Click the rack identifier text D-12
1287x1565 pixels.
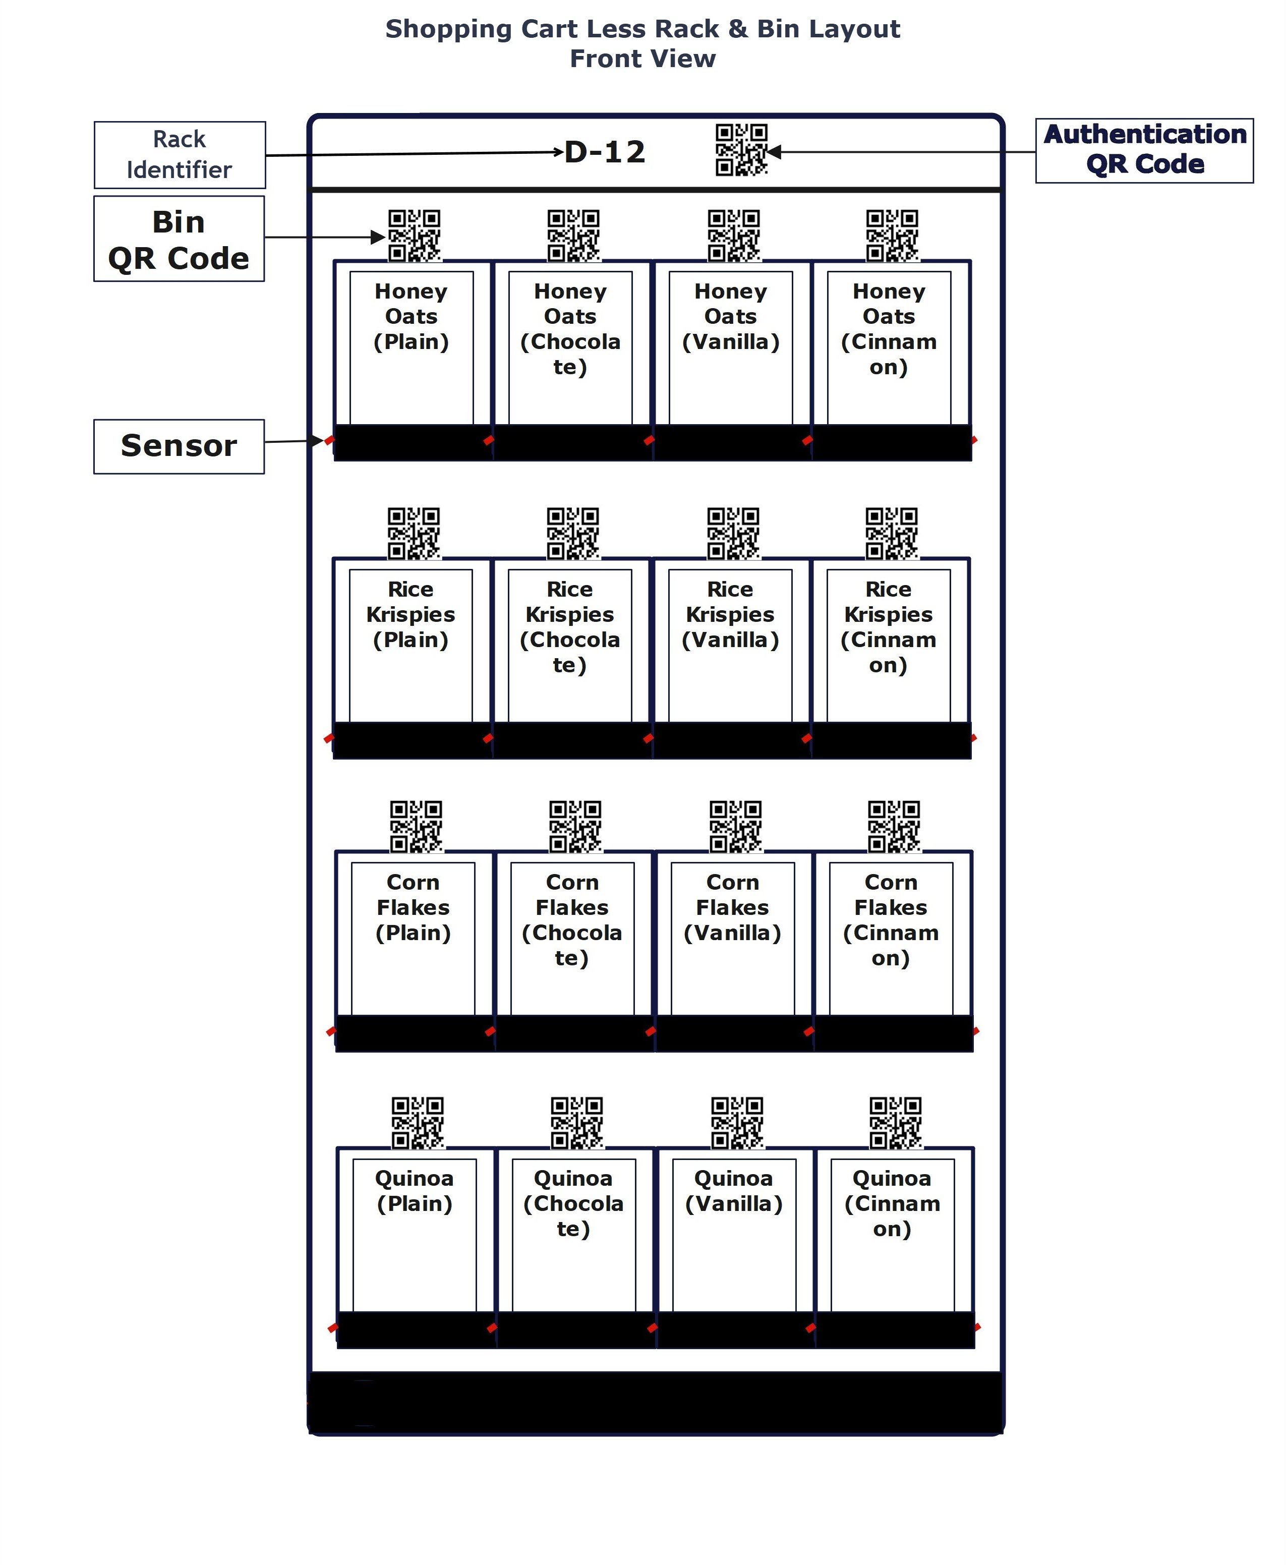click(x=604, y=152)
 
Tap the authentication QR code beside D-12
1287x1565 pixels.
click(x=741, y=150)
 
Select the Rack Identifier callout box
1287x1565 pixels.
click(x=180, y=154)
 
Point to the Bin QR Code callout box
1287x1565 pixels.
click(x=179, y=239)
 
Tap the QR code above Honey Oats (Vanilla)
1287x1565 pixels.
click(x=733, y=236)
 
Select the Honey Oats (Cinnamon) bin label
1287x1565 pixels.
click(x=889, y=329)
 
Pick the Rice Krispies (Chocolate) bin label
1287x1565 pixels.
click(x=569, y=627)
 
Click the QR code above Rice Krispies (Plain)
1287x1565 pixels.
click(x=414, y=534)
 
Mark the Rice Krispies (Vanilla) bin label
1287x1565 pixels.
click(x=730, y=615)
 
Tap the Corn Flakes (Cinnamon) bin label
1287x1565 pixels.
click(x=891, y=920)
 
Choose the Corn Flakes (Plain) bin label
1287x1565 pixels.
click(x=413, y=907)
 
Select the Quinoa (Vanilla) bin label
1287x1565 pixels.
click(x=734, y=1191)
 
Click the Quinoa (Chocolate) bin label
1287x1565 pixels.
click(x=573, y=1203)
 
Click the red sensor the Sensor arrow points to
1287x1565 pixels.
click(x=330, y=440)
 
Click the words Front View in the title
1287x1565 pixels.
click(x=643, y=59)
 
